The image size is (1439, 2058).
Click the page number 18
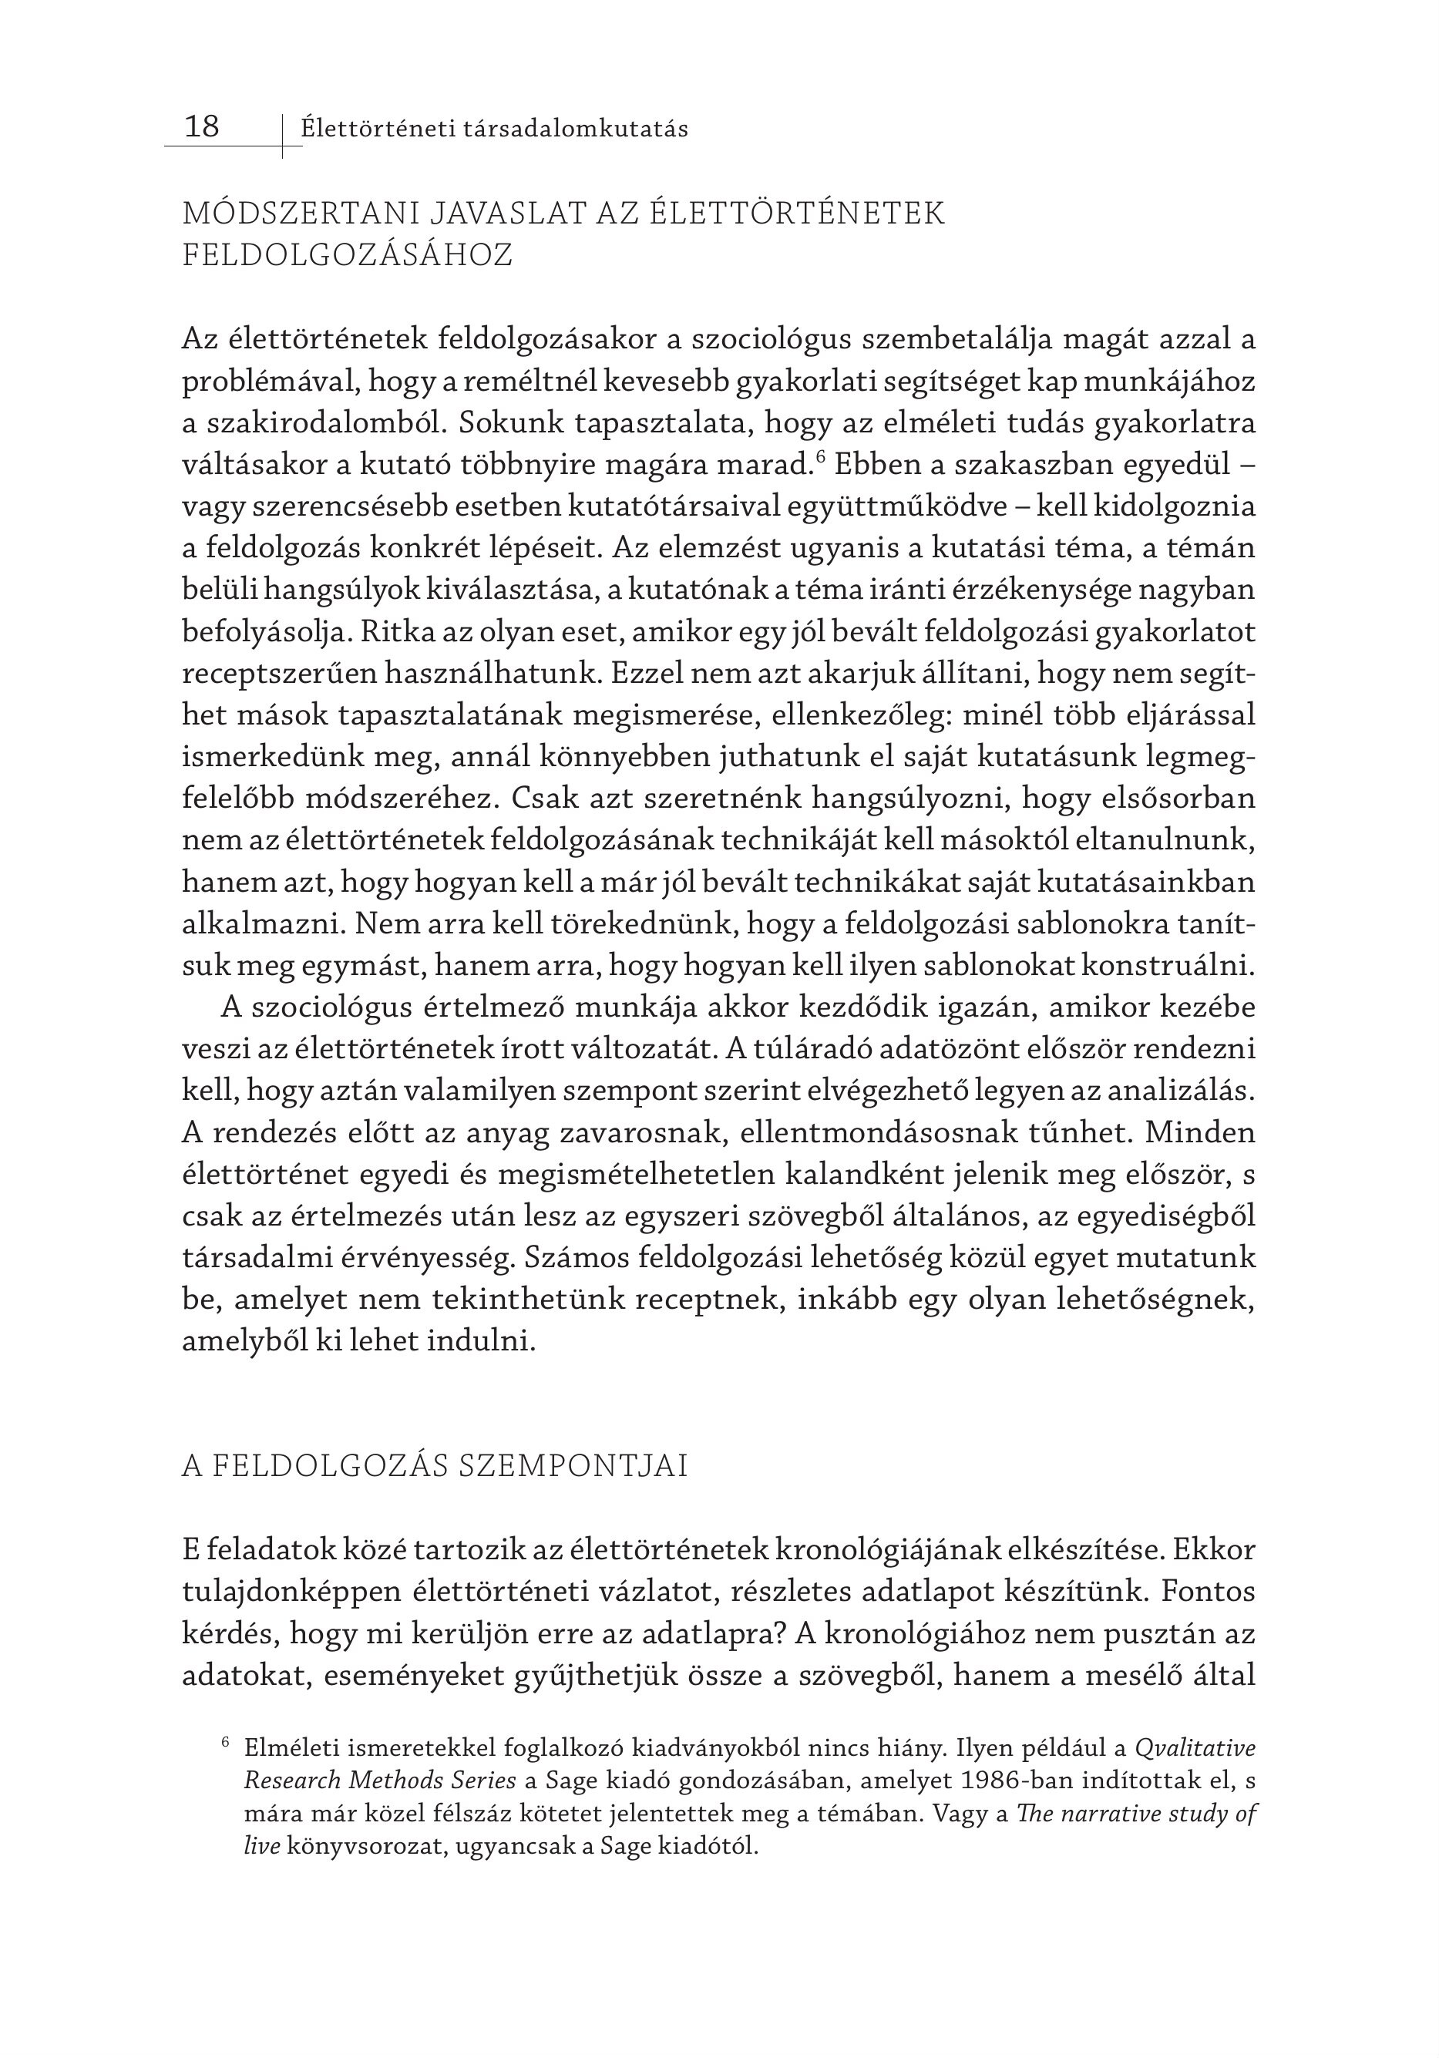pyautogui.click(x=202, y=126)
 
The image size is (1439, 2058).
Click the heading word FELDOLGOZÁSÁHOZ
pyautogui.click(x=347, y=255)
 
